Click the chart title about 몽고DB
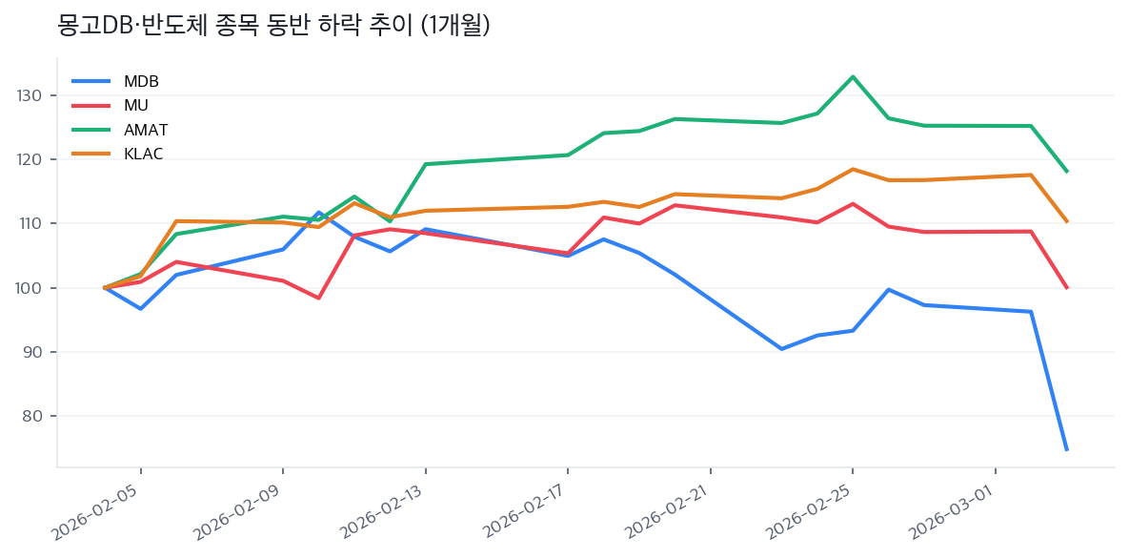click(273, 26)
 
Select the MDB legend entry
click(141, 81)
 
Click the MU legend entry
click(136, 105)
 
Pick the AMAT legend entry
click(146, 130)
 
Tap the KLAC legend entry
click(144, 154)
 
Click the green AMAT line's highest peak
click(853, 76)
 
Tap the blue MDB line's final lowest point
click(1066, 449)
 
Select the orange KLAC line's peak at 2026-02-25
click(853, 169)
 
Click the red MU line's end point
click(1066, 287)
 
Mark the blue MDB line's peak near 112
click(318, 212)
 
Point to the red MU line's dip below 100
click(318, 298)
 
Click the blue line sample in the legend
click(91, 81)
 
